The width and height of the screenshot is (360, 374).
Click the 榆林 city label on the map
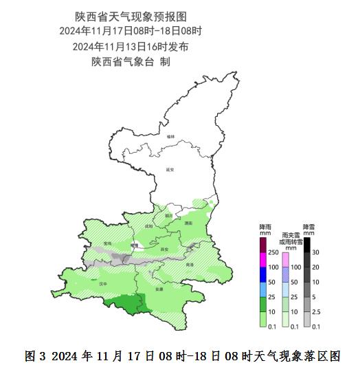170,137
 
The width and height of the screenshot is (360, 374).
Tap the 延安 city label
170,169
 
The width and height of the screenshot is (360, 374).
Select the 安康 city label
159,289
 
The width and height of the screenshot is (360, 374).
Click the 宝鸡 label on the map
106,243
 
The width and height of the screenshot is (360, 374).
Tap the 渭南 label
188,223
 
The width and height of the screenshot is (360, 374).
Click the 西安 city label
163,249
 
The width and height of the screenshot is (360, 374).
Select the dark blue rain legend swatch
262,274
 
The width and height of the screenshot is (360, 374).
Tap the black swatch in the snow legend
307,245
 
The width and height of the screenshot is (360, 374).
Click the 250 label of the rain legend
273,252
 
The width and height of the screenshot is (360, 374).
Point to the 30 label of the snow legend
316,252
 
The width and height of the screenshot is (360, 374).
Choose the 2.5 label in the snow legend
317,312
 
